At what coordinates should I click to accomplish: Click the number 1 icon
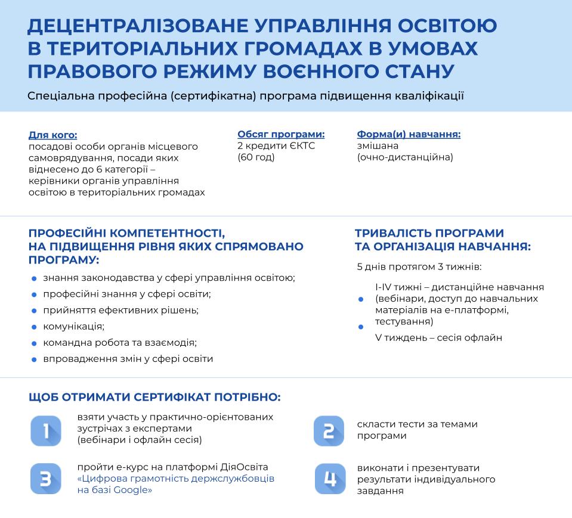coord(46,430)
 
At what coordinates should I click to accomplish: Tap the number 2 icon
coord(329,430)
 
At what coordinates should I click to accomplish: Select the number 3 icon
coord(46,478)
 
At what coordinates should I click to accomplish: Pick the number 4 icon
coord(330,478)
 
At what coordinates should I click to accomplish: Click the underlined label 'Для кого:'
coord(52,135)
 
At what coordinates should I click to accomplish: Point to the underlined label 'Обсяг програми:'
coord(281,134)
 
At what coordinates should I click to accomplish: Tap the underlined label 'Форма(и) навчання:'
coord(409,134)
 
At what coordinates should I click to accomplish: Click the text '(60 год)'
coord(256,157)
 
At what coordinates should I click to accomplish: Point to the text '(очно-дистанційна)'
coord(405,157)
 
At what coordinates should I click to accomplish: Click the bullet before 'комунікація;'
coord(33,327)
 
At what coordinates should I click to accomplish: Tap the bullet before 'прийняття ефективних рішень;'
coord(33,311)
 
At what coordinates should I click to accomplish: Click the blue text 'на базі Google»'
coord(115,490)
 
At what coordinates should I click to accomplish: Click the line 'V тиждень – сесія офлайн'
coord(438,337)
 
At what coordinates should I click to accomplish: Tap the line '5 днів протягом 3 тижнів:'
coord(419,266)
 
